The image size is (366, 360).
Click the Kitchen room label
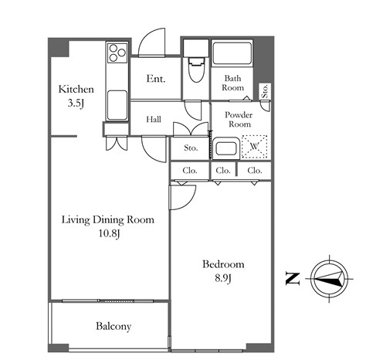click(76, 90)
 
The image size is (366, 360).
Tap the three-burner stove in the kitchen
click(117, 53)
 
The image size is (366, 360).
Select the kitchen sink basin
click(117, 105)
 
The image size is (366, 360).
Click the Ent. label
click(156, 79)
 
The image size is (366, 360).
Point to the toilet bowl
click(196, 70)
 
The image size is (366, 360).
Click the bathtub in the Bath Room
click(232, 53)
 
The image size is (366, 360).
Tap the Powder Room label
click(239, 120)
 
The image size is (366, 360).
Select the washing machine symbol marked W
click(254, 147)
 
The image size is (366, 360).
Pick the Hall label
click(154, 119)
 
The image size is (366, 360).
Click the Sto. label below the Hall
click(191, 148)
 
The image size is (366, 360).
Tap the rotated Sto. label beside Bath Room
click(265, 91)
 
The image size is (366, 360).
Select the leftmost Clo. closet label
click(190, 171)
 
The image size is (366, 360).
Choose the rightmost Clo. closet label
click(255, 171)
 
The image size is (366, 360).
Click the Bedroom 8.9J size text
click(223, 278)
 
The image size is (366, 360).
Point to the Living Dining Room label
click(108, 219)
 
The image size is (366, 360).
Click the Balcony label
click(114, 326)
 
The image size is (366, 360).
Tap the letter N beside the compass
click(293, 279)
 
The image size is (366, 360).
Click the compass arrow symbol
click(330, 279)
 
